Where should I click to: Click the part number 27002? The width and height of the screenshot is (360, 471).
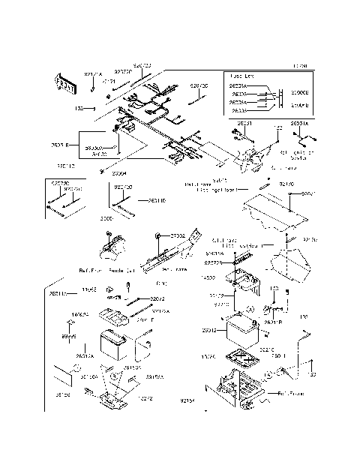(178, 236)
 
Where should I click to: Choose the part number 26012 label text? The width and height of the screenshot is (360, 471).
(209, 329)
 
